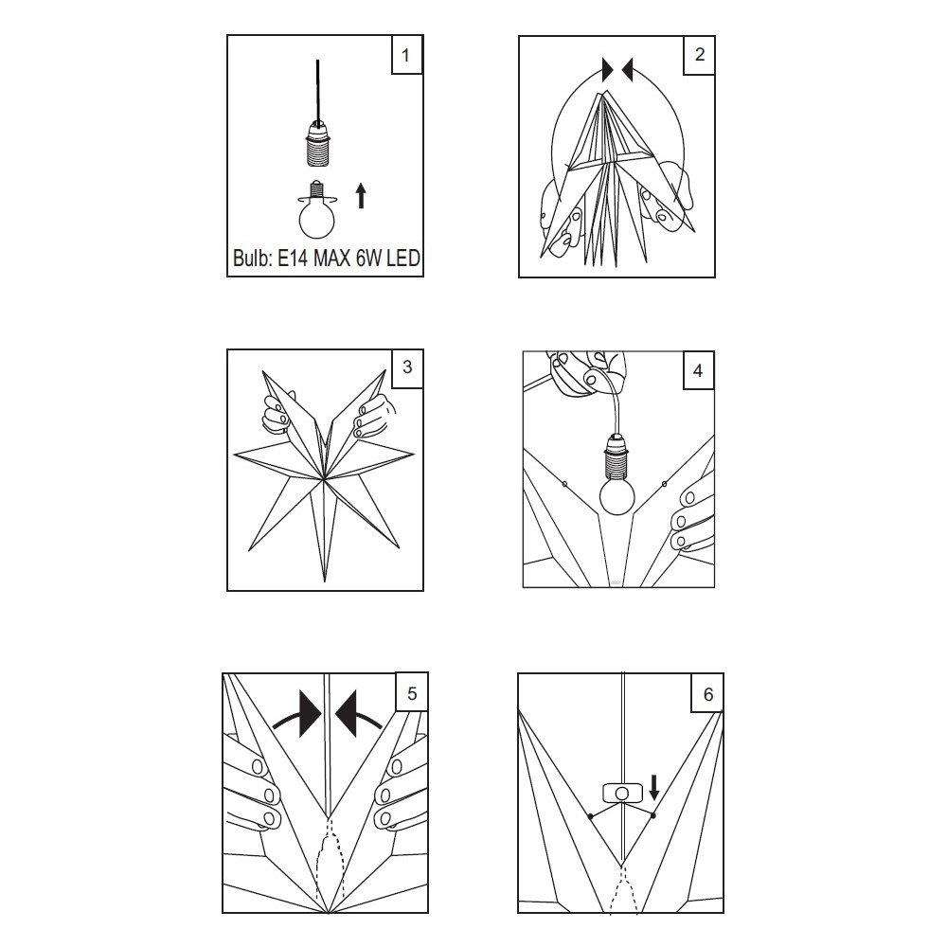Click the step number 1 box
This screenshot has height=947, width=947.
tap(406, 54)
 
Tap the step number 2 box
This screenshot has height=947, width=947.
tap(699, 55)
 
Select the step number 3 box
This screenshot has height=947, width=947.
tap(407, 367)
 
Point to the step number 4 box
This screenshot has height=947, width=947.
tap(698, 370)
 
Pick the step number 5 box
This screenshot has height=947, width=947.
tap(412, 692)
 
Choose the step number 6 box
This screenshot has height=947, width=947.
tap(707, 693)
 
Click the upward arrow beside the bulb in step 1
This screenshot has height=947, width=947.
tap(361, 196)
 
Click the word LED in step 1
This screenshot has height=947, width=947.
tap(402, 259)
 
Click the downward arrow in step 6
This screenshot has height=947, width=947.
tap(653, 788)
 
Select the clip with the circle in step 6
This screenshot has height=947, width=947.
tap(622, 793)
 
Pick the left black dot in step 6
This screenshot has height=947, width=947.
tap(590, 816)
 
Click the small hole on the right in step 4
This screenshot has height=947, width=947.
tap(665, 484)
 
